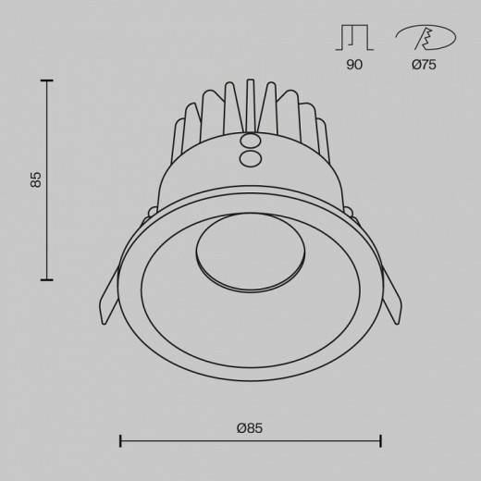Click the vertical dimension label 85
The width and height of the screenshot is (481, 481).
click(36, 179)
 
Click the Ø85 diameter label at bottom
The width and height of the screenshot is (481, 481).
click(250, 428)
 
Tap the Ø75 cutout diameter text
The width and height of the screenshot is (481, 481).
click(424, 65)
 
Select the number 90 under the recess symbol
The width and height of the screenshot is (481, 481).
click(354, 65)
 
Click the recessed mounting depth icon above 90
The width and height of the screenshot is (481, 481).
click(354, 38)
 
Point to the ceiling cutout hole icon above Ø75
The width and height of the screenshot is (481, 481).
click(425, 38)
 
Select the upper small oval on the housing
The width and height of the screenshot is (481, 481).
click(250, 142)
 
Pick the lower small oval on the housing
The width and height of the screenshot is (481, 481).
click(251, 159)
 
